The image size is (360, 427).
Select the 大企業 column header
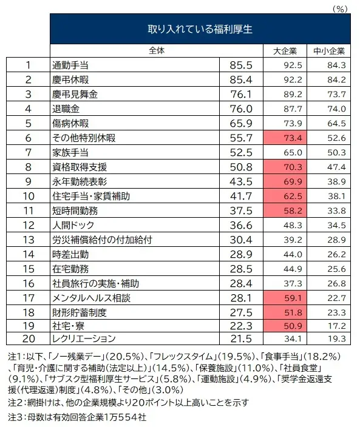[x=284, y=51]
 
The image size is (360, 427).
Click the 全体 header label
[x=156, y=50]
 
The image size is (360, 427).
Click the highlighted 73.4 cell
[x=284, y=138]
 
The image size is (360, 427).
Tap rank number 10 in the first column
[x=27, y=196]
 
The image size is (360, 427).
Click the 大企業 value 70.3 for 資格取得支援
[x=284, y=167]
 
